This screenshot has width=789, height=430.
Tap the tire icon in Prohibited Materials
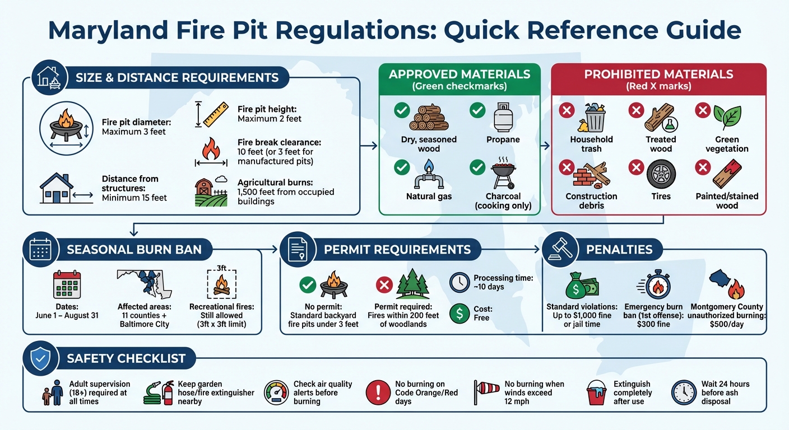[661, 174]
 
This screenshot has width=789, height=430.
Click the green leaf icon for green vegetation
[727, 117]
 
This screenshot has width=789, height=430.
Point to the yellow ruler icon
[215, 114]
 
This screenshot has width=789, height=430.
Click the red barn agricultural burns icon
[211, 192]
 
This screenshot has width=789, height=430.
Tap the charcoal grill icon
[503, 174]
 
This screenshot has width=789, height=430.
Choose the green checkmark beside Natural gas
[401, 167]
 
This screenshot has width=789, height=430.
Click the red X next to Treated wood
[635, 110]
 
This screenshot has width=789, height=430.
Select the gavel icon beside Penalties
[560, 249]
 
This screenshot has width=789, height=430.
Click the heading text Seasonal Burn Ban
[134, 250]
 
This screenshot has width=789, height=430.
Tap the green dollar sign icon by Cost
[460, 314]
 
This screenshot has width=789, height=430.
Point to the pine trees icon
[413, 284]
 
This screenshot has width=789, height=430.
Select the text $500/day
[726, 324]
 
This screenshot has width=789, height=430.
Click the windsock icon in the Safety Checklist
[486, 392]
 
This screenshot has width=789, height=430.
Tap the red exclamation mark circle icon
[378, 392]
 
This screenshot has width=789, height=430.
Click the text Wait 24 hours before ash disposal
[725, 392]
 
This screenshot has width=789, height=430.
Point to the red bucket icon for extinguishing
[596, 392]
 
